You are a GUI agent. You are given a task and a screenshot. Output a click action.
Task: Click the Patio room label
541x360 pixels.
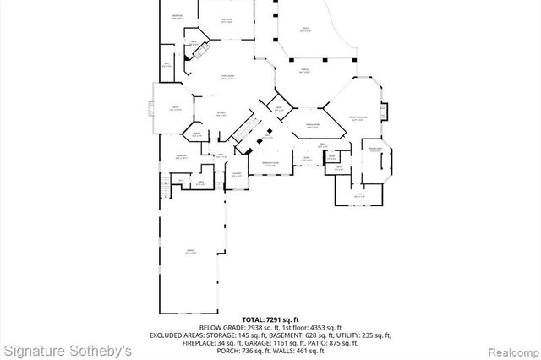pos(306,30)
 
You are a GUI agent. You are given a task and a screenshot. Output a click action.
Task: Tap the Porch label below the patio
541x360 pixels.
pos(304,71)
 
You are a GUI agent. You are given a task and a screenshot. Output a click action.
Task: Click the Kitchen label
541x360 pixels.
pos(220,113)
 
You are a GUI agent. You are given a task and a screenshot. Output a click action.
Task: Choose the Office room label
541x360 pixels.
pos(175,107)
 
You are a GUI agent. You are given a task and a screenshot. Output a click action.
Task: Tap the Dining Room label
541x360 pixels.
pos(313,127)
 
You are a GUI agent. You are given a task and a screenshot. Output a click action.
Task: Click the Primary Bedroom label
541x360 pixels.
pos(357,117)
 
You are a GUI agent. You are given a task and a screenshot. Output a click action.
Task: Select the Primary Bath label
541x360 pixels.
pos(374,149)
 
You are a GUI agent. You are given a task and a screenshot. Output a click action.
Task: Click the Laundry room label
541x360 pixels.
pos(237,175)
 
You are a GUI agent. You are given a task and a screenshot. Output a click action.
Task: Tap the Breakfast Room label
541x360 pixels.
pos(271,164)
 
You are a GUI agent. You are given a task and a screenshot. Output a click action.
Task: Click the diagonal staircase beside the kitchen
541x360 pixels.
pos(245,129)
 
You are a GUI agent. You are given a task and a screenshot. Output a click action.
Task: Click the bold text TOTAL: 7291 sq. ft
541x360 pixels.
pos(270,319)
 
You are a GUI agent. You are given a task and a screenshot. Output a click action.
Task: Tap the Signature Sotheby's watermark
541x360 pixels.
pos(67,349)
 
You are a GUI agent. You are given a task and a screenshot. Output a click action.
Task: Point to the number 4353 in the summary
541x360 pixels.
pos(309,327)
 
